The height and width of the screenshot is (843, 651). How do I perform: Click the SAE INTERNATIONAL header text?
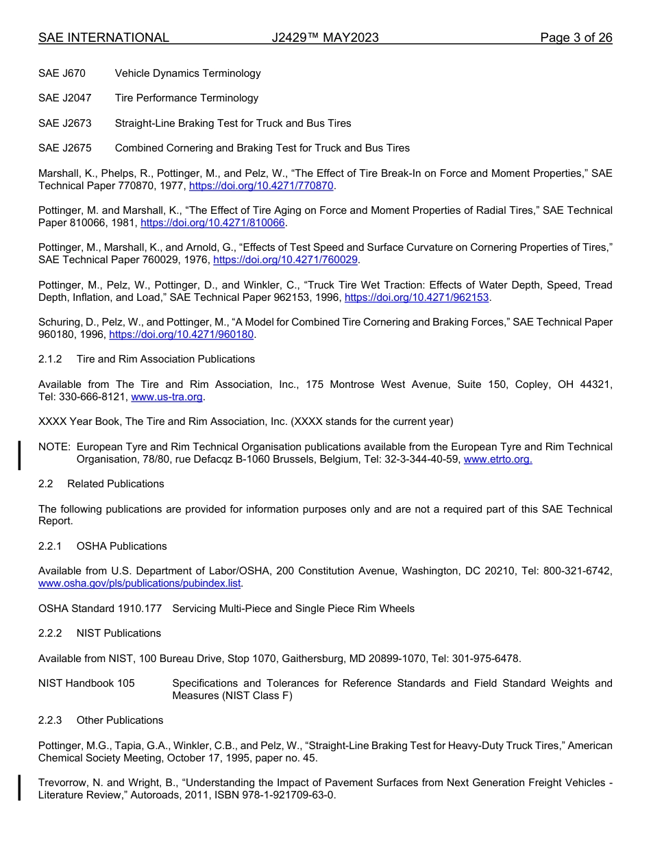point(103,38)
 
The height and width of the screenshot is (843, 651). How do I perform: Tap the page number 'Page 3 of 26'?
point(576,38)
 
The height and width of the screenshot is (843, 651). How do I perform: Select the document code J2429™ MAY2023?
point(325,38)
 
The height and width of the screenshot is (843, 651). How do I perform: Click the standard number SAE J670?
point(62,73)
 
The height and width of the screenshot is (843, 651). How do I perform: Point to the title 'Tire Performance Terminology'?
point(186,98)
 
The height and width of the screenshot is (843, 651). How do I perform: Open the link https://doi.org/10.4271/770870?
point(261,186)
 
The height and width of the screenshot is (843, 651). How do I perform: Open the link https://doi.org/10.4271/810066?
point(212,223)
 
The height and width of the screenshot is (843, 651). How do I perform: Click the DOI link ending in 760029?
point(286,260)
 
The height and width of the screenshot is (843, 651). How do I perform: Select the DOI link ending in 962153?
point(417,297)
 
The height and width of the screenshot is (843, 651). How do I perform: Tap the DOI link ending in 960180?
point(182,334)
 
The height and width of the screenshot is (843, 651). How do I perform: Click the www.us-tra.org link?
point(176,397)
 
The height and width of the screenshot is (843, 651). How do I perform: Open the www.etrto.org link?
point(498,459)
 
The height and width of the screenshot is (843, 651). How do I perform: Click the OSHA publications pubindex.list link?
point(140,583)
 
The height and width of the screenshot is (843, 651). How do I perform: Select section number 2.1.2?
point(50,359)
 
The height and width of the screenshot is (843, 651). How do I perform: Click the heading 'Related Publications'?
point(116,484)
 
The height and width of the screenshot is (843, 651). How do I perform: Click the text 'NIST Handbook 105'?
point(86,683)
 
